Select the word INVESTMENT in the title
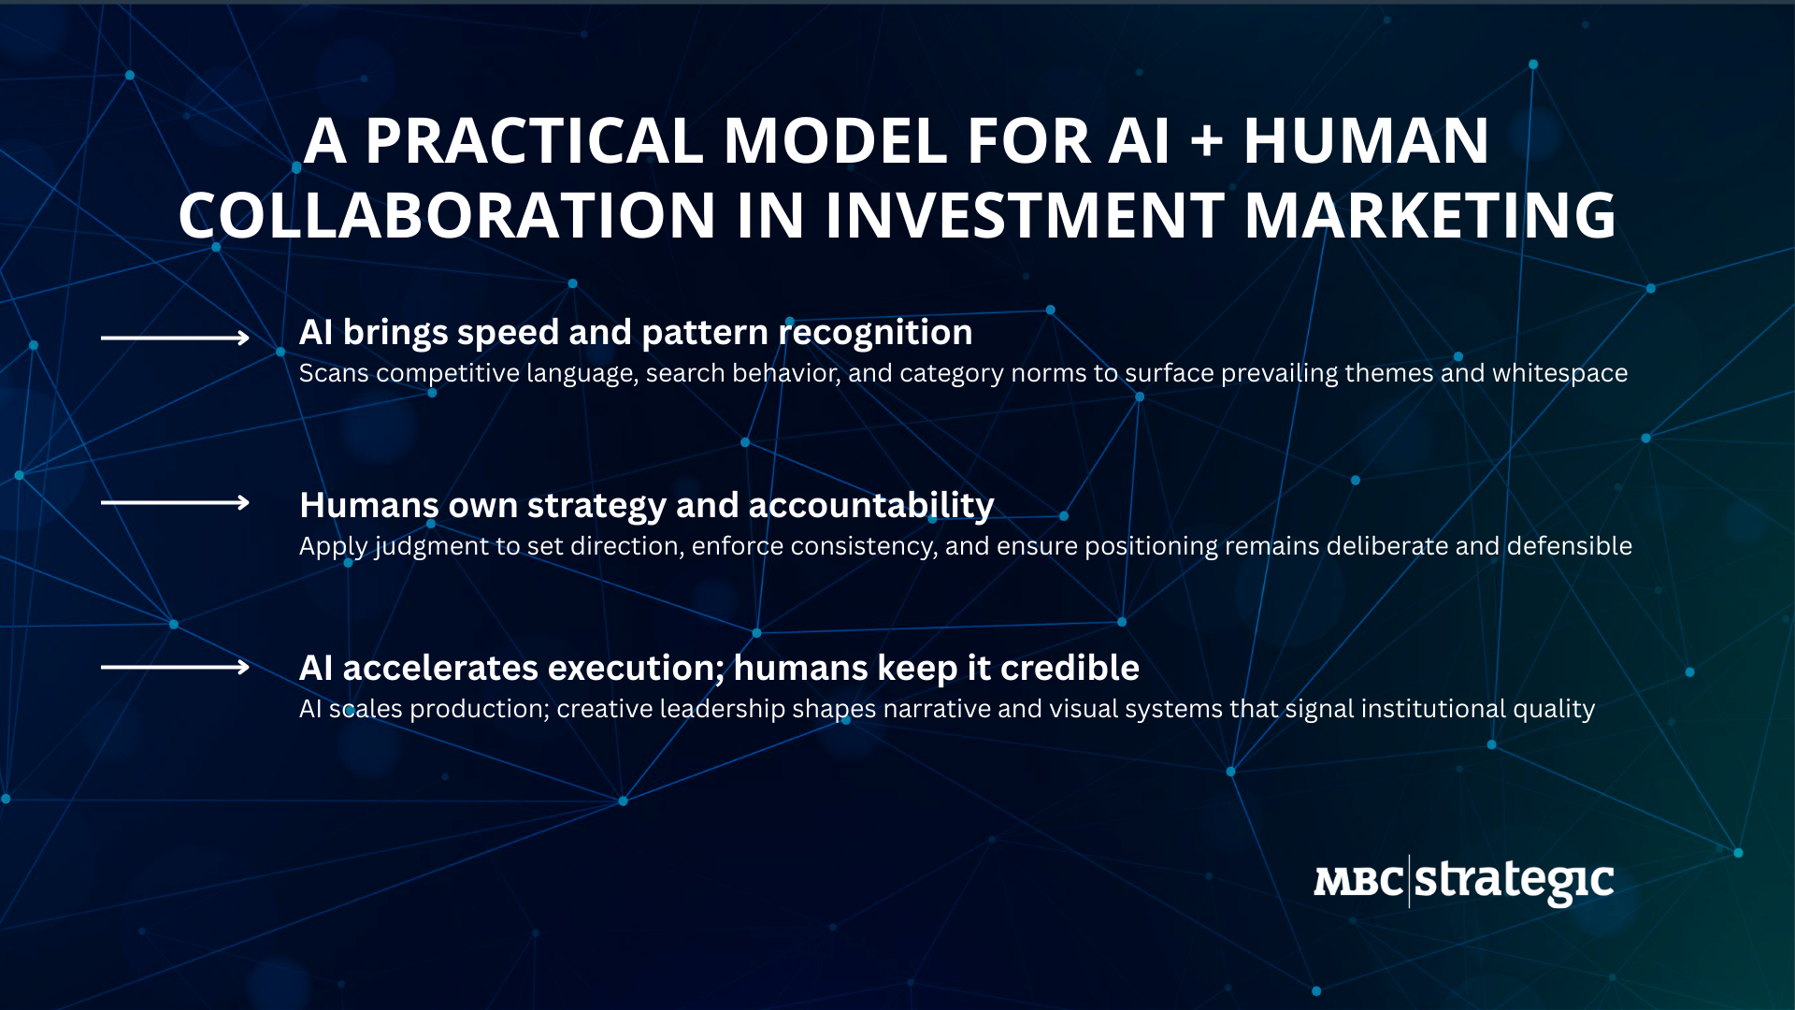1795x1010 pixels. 1024,215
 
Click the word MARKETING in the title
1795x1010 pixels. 1429,215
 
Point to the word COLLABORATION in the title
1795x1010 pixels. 447,215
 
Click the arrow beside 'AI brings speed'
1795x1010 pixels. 175,338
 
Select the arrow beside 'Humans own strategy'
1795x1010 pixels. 175,502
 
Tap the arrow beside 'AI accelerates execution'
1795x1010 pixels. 175,667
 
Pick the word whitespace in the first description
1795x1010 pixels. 1560,373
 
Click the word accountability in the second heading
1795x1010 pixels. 871,506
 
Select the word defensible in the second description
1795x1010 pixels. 1570,546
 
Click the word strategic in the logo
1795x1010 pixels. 1515,881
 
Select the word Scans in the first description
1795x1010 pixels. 334,373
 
